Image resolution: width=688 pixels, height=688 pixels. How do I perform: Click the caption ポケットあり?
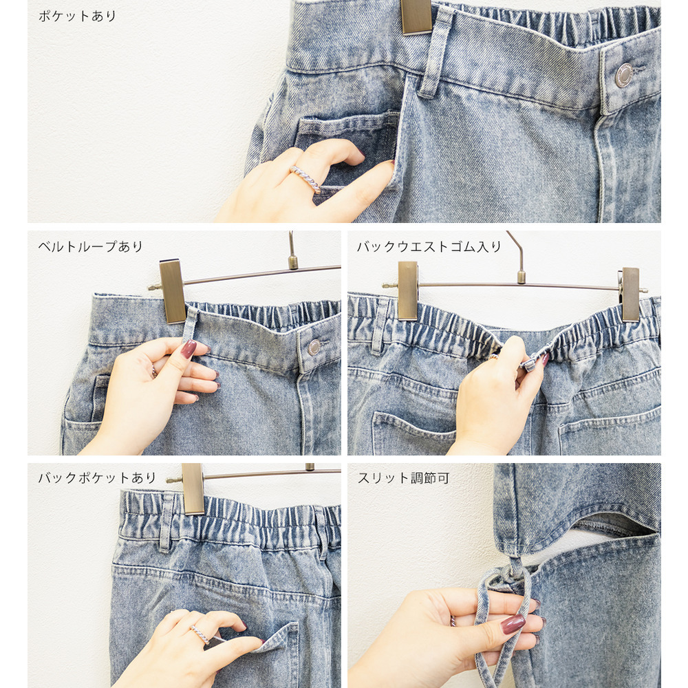77,17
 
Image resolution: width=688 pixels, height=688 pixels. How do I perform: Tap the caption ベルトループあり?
90,246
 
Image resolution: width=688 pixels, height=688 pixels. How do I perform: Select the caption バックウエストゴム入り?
429,246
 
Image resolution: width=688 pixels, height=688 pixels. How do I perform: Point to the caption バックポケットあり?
97,477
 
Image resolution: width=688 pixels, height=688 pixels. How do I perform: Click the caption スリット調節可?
403,477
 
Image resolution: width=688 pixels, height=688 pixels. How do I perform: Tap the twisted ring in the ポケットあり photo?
307,179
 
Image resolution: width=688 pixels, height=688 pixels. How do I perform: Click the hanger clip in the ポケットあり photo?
416,17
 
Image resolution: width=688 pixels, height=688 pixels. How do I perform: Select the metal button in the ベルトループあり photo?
314,347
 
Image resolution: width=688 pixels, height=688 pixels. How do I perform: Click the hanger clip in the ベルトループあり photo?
173,291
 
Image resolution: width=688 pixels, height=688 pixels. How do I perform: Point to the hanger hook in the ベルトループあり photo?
292,250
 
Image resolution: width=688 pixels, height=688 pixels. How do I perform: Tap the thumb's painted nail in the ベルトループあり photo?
189,349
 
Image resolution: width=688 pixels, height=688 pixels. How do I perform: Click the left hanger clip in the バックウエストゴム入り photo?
407,290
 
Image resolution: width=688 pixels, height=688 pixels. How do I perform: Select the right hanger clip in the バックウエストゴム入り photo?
630,294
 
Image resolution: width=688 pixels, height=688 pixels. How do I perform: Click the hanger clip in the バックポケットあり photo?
193,488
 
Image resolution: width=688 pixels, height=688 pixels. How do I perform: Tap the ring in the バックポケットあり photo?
200,634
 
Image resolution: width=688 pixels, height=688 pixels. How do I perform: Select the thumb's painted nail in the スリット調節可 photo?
513,623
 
